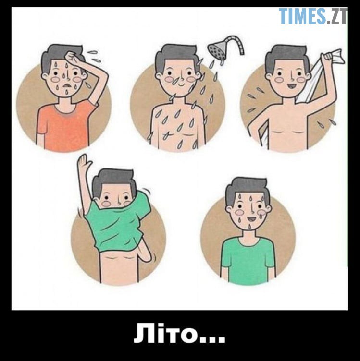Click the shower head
point(216,49)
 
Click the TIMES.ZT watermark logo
point(313,16)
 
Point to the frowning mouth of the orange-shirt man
point(67,85)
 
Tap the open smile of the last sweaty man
point(251,219)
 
